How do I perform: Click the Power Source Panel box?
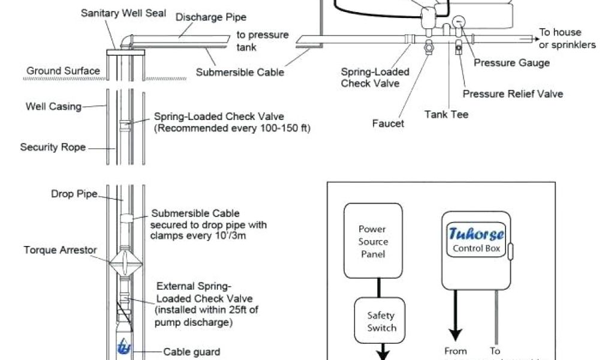click(373, 241)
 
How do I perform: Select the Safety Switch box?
click(381, 322)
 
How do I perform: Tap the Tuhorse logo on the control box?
click(477, 233)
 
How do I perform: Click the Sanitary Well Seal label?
click(124, 13)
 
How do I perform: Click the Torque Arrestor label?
click(61, 250)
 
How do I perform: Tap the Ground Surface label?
click(63, 71)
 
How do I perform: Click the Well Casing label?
click(53, 107)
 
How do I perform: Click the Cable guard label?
click(191, 352)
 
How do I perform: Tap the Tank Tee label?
click(447, 114)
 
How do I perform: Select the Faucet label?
click(388, 124)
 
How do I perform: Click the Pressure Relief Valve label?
click(513, 94)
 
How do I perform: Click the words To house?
click(560, 32)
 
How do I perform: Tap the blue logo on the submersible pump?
click(124, 347)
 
